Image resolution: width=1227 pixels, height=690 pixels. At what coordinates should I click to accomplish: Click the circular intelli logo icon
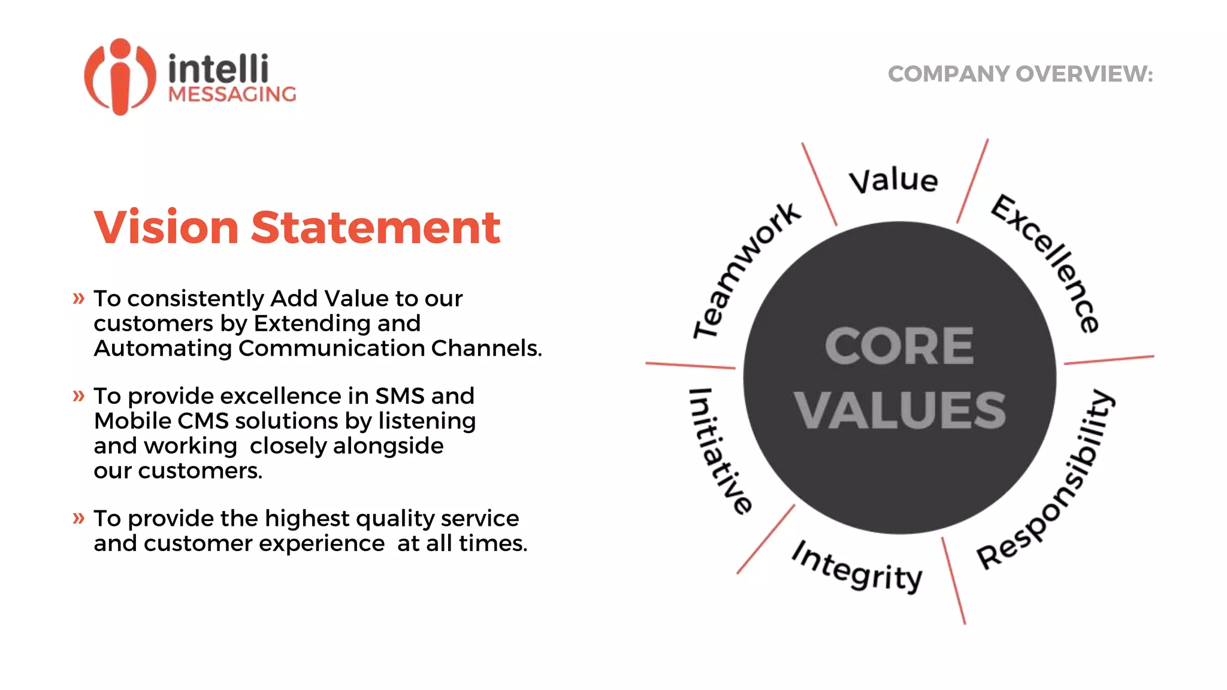coord(120,77)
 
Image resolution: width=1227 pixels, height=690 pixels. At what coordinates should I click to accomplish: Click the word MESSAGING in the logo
coord(232,95)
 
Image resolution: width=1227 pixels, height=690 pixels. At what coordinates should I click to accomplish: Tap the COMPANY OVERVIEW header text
coord(1020,74)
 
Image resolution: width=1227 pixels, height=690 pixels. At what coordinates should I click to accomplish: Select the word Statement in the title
coord(375,228)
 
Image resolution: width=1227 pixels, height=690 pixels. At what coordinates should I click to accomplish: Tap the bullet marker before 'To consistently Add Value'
coord(78,298)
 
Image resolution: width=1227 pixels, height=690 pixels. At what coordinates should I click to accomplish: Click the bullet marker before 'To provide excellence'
coord(78,395)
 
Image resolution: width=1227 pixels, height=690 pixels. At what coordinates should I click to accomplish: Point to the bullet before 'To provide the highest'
coord(78,517)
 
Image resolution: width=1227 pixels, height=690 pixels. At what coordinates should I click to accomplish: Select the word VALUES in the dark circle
coord(900,410)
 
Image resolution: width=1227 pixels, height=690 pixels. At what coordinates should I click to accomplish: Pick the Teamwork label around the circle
coord(744,270)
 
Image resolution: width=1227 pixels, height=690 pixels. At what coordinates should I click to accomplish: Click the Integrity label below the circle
coord(857,567)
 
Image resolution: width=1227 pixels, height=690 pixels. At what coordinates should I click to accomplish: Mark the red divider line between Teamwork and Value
coord(819,184)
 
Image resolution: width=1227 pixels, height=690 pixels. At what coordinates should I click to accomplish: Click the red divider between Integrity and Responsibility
coord(953,581)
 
